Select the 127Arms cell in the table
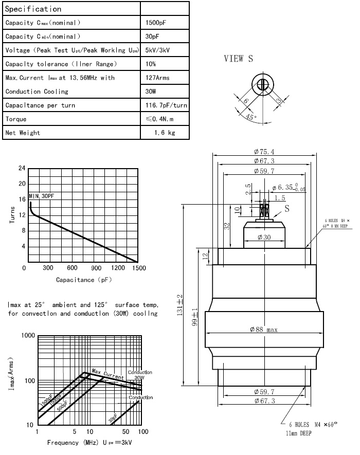tap(158, 78)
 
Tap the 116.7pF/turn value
tap(166, 105)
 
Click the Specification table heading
tap(33, 9)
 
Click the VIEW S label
tap(238, 59)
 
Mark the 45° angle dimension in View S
tap(251, 117)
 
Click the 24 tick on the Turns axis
tap(22, 168)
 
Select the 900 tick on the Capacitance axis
tap(96, 268)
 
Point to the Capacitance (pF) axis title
tap(84, 280)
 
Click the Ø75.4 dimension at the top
tap(264, 152)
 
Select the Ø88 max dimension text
tap(264, 330)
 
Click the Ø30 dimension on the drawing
tap(264, 237)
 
